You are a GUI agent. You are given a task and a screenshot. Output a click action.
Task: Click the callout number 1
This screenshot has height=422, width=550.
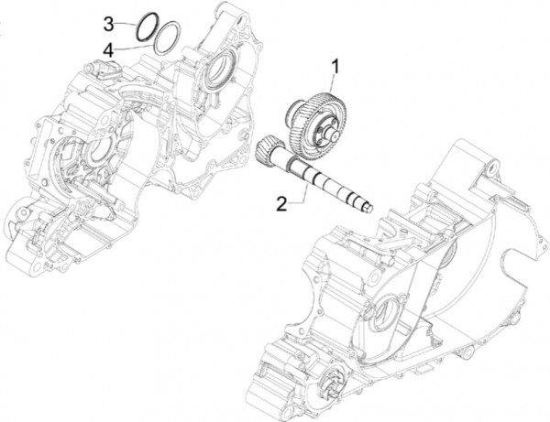pos(335,65)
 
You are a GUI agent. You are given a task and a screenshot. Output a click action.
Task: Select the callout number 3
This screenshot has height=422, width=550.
pos(107,21)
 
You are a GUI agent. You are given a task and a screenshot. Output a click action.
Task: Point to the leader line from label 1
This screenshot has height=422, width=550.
pos(330,82)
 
